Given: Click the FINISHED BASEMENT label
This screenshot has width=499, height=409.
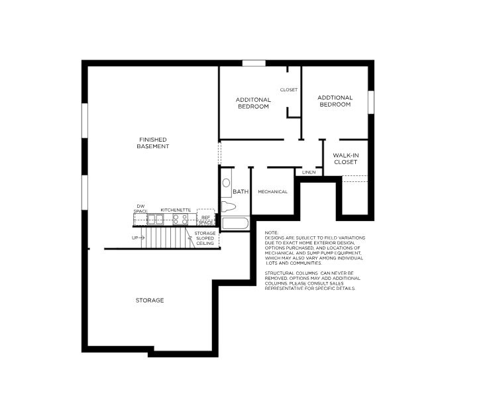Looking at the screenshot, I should pos(152,142).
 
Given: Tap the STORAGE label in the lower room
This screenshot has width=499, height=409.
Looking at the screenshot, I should pos(150,300).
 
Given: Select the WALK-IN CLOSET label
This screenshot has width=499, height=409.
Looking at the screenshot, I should pos(345,158).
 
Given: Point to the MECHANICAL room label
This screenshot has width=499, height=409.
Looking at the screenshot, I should pos(272,192).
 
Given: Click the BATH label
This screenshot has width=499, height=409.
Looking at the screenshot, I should pos(240,192).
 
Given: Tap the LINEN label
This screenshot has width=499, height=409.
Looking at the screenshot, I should pos(308,173).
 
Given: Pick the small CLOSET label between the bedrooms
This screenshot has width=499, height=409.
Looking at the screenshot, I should pos(288,89).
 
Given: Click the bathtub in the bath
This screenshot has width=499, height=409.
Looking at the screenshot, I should pos(235,224).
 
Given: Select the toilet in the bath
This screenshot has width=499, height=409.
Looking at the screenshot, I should pos(229,206).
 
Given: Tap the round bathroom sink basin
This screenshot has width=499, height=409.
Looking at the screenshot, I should pos(226,182).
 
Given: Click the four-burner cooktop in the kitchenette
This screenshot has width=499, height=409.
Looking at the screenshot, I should pos(180,219).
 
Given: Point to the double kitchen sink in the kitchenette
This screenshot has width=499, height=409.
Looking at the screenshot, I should pos(156,219).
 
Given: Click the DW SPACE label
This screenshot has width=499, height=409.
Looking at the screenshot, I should pos(140,208).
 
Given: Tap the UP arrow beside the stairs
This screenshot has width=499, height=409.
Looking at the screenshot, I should pos(138,237).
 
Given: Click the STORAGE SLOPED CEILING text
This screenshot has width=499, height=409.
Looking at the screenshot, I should pos(205,238).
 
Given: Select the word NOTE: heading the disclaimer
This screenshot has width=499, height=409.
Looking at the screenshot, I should pos(271,233).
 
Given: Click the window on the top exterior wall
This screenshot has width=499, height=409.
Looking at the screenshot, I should pos(254,64).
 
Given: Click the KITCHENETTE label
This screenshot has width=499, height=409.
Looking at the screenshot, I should pos(176,210).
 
